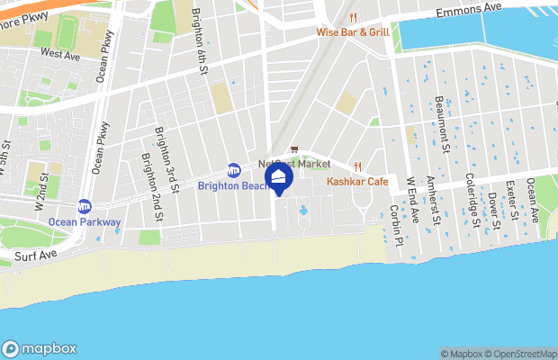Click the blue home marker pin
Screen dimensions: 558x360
(279, 177)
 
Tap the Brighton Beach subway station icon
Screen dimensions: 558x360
(234, 170)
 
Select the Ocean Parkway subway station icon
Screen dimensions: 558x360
(85, 206)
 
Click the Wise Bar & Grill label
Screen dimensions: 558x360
(353, 32)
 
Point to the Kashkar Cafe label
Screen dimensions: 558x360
(357, 182)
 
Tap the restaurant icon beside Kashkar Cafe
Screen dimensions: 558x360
(357, 166)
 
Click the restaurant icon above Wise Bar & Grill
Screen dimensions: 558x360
(354, 17)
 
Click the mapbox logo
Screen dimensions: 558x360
(40, 348)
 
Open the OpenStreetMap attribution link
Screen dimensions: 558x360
(521, 354)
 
